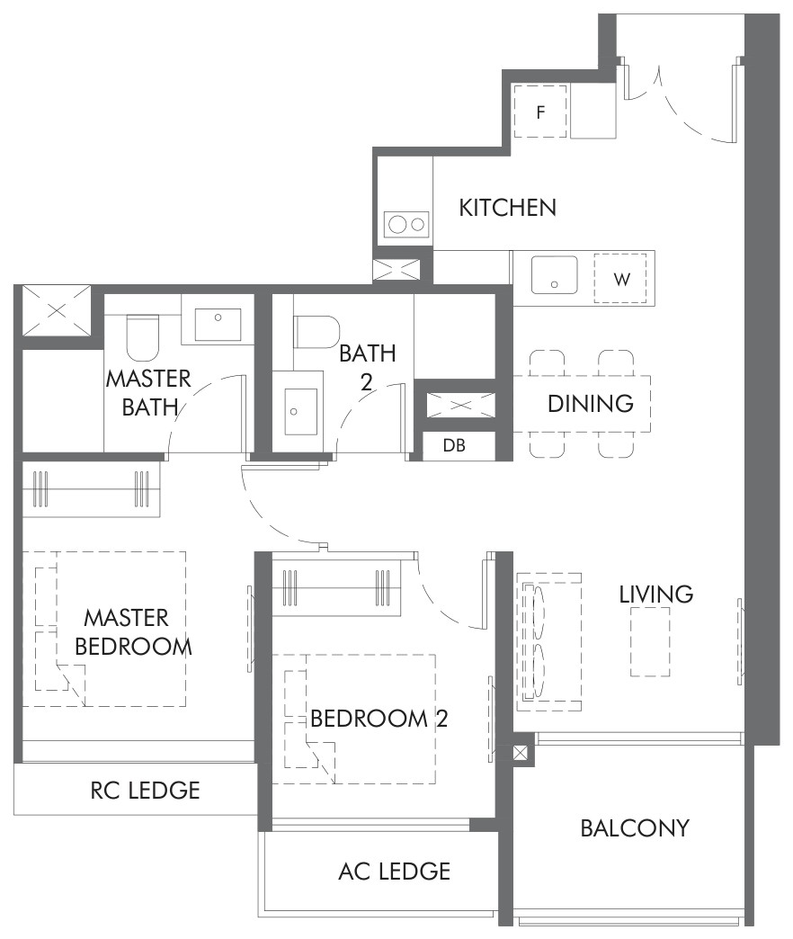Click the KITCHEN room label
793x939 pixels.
click(507, 207)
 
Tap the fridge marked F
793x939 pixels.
click(539, 112)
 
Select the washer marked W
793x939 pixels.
click(620, 279)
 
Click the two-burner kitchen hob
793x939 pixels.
click(407, 225)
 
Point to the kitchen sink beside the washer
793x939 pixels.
click(555, 275)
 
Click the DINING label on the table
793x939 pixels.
click(591, 404)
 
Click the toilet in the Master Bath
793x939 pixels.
click(143, 338)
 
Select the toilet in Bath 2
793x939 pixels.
click(316, 332)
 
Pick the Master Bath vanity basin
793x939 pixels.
click(218, 325)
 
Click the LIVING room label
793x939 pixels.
click(656, 594)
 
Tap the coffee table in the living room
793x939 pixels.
click(650, 642)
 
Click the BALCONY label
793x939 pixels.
click(635, 828)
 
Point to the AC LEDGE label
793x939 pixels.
click(395, 872)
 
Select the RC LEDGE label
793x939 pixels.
click(146, 791)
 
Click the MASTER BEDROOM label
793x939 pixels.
click(133, 632)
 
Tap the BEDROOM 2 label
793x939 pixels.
click(379, 719)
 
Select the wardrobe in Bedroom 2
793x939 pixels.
click(336, 588)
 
